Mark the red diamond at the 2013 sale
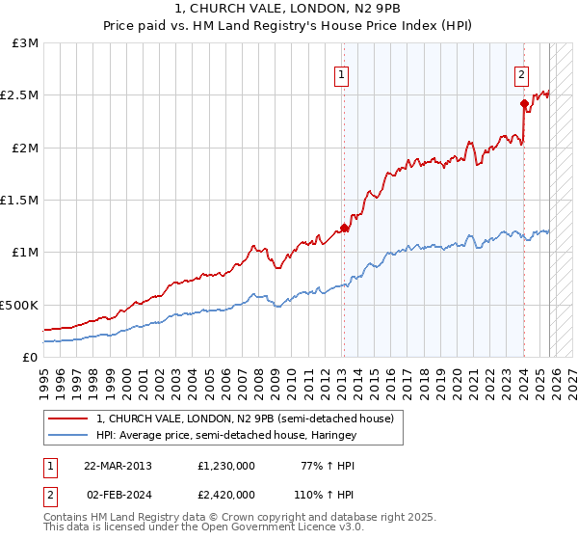coord(344,229)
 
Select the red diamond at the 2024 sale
coord(523,104)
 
